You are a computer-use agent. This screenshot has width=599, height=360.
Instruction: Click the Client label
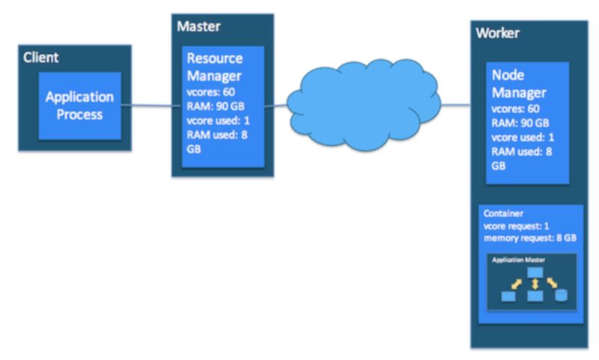pyautogui.click(x=41, y=58)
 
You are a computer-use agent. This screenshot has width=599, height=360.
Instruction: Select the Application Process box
pyautogui.click(x=80, y=106)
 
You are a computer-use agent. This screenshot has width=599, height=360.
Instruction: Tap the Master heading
pyautogui.click(x=198, y=26)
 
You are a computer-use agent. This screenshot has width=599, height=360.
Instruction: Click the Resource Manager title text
pyautogui.click(x=215, y=67)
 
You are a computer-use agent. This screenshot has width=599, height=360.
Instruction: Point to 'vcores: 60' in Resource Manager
pyautogui.click(x=211, y=92)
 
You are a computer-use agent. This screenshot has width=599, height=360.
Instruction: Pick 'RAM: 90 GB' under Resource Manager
pyautogui.click(x=216, y=106)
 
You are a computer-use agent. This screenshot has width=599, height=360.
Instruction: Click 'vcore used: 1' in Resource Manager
pyautogui.click(x=218, y=120)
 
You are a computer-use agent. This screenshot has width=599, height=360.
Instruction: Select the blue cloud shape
pyautogui.click(x=363, y=104)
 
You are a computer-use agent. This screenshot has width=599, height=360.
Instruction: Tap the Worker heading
pyautogui.click(x=497, y=33)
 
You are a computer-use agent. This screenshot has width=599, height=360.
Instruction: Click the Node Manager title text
pyautogui.click(x=519, y=84)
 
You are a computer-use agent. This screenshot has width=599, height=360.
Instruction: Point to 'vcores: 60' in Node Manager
pyautogui.click(x=515, y=109)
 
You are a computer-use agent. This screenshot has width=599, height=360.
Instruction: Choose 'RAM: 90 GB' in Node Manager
pyautogui.click(x=520, y=123)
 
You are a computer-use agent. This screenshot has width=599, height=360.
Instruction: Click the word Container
pyautogui.click(x=503, y=213)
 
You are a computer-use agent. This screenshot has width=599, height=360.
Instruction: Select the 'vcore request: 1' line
pyautogui.click(x=516, y=226)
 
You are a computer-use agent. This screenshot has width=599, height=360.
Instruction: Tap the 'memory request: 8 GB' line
pyautogui.click(x=530, y=238)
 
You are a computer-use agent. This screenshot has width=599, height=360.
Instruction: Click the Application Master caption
pyautogui.click(x=518, y=260)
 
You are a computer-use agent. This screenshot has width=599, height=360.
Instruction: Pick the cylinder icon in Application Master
pyautogui.click(x=561, y=295)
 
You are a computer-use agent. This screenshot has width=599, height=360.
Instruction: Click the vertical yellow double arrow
pyautogui.click(x=535, y=284)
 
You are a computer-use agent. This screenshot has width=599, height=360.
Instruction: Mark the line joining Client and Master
pyautogui.click(x=151, y=106)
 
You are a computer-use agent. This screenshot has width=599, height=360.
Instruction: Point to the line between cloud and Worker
pyautogui.click(x=455, y=105)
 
